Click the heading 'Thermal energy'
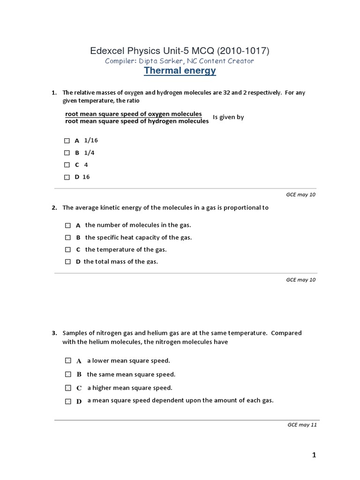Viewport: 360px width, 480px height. click(180, 71)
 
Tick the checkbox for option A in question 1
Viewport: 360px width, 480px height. click(67, 141)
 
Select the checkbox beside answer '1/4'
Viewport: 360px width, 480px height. click(67, 153)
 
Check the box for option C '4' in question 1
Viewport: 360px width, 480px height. click(67, 165)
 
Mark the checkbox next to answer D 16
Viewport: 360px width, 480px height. click(67, 177)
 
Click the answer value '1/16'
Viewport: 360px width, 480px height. click(91, 140)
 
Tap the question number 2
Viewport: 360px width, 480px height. click(54, 208)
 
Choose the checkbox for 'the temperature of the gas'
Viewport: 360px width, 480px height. click(68, 250)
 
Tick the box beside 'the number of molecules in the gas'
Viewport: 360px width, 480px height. click(68, 225)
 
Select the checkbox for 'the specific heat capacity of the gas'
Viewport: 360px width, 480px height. click(68, 238)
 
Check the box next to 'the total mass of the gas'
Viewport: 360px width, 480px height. click(68, 262)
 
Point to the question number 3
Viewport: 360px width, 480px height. click(54, 333)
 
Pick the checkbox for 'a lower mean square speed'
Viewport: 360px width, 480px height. click(68, 360)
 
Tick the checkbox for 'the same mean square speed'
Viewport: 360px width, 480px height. click(68, 374)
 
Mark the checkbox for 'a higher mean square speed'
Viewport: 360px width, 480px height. click(68, 388)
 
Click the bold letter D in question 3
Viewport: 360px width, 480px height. click(79, 401)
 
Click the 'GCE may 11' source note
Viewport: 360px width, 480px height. click(302, 425)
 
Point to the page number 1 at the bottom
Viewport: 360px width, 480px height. click(314, 455)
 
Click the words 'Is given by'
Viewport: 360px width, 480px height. click(228, 117)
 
